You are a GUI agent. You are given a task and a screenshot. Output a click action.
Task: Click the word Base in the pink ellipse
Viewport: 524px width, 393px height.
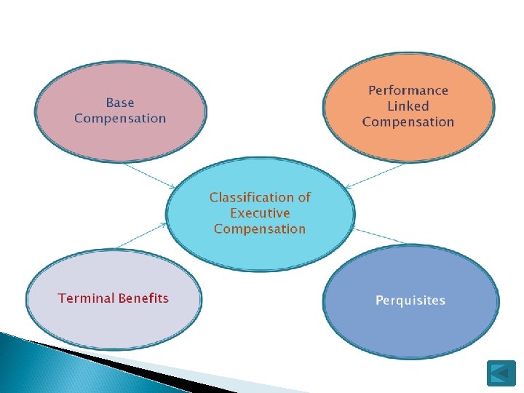click(120, 103)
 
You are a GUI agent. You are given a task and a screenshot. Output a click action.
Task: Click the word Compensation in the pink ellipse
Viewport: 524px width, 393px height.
click(120, 119)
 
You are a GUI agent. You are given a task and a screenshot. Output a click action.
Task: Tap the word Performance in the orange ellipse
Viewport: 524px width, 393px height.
click(408, 90)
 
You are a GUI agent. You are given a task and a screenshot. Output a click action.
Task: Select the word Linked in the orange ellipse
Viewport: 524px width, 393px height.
click(408, 106)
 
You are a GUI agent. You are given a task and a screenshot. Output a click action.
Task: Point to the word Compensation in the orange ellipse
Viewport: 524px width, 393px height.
click(408, 122)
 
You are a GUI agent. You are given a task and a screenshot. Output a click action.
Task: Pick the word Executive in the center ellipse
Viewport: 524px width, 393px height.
click(260, 213)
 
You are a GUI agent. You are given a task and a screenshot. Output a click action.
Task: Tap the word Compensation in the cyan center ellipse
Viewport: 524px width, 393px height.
click(260, 229)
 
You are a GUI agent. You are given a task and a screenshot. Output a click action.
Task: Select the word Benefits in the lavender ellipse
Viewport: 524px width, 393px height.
click(143, 298)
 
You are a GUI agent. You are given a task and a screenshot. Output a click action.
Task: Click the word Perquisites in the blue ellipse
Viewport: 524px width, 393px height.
click(410, 301)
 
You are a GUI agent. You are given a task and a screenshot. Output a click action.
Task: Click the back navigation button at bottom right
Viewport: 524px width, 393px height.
click(501, 373)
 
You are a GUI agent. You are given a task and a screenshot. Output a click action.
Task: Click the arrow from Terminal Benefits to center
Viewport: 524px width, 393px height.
click(143, 236)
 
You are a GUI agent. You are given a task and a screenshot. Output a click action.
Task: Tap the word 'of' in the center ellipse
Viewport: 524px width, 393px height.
click(303, 197)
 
